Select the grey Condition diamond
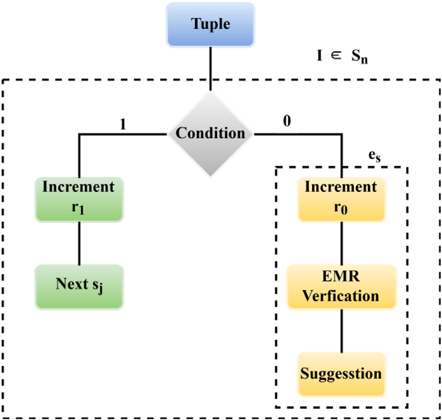(211, 134)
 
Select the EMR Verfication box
(341, 287)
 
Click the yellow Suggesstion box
(341, 374)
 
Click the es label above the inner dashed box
(375, 157)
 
